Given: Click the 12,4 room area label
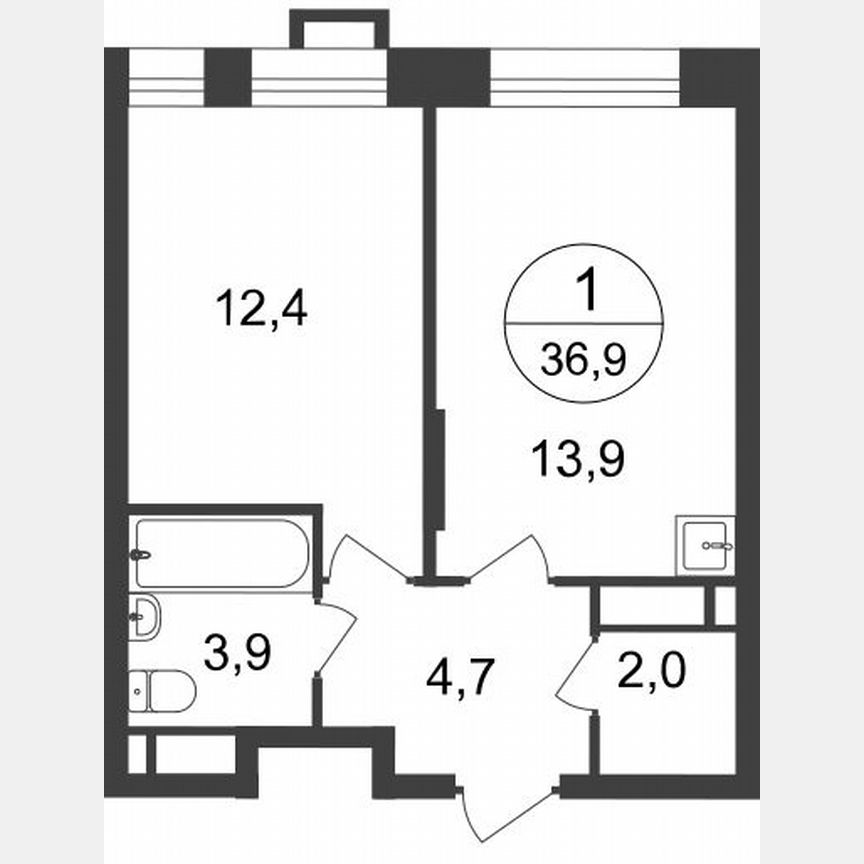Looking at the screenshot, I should (x=261, y=309).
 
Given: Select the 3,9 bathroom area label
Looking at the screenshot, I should (x=238, y=655).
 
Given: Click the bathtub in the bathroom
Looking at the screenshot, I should (x=222, y=553).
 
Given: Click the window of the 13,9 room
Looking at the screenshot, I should (x=584, y=77).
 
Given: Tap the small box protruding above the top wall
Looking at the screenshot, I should (x=339, y=30).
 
